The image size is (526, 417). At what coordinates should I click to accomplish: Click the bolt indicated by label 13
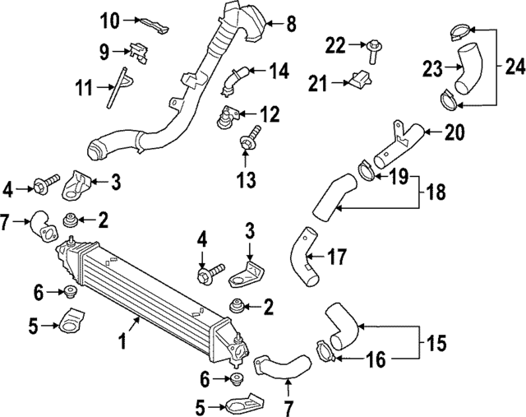[247, 146]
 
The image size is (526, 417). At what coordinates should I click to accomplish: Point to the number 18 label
[436, 193]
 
